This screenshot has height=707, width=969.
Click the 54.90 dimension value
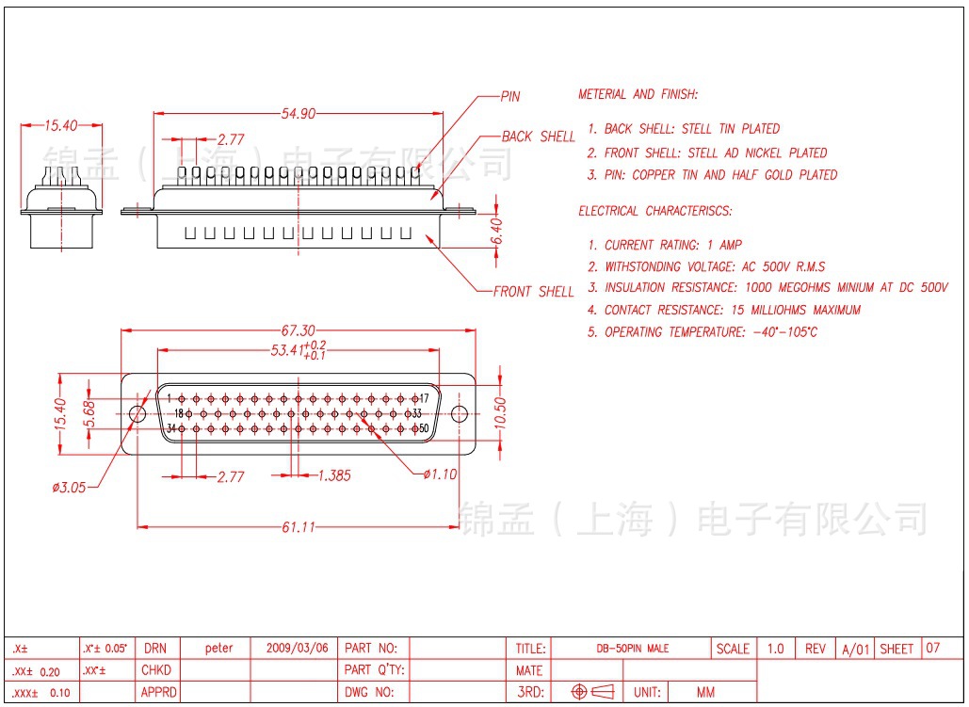pyautogui.click(x=298, y=114)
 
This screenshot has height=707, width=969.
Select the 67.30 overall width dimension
pyautogui.click(x=298, y=330)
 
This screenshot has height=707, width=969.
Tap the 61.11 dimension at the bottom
pyautogui.click(x=298, y=527)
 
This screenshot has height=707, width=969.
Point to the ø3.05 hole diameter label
pyautogui.click(x=69, y=487)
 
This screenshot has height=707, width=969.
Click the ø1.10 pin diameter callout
pyautogui.click(x=440, y=474)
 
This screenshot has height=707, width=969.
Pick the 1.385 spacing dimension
pyautogui.click(x=334, y=476)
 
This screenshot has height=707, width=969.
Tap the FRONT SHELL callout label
pyautogui.click(x=534, y=292)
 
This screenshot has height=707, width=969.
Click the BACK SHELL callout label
pyautogui.click(x=538, y=137)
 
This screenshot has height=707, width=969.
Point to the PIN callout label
pyautogui.click(x=509, y=97)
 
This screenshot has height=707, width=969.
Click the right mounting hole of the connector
pyautogui.click(x=460, y=414)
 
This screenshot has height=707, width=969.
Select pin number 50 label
pyautogui.click(x=423, y=429)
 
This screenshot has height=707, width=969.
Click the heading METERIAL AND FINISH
pyautogui.click(x=638, y=94)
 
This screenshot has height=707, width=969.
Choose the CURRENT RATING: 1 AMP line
pyautogui.click(x=672, y=245)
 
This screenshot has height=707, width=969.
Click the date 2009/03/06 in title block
pyautogui.click(x=298, y=649)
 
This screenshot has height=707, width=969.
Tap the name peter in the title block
pyautogui.click(x=219, y=649)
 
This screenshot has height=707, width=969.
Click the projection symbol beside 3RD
pyautogui.click(x=593, y=692)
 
